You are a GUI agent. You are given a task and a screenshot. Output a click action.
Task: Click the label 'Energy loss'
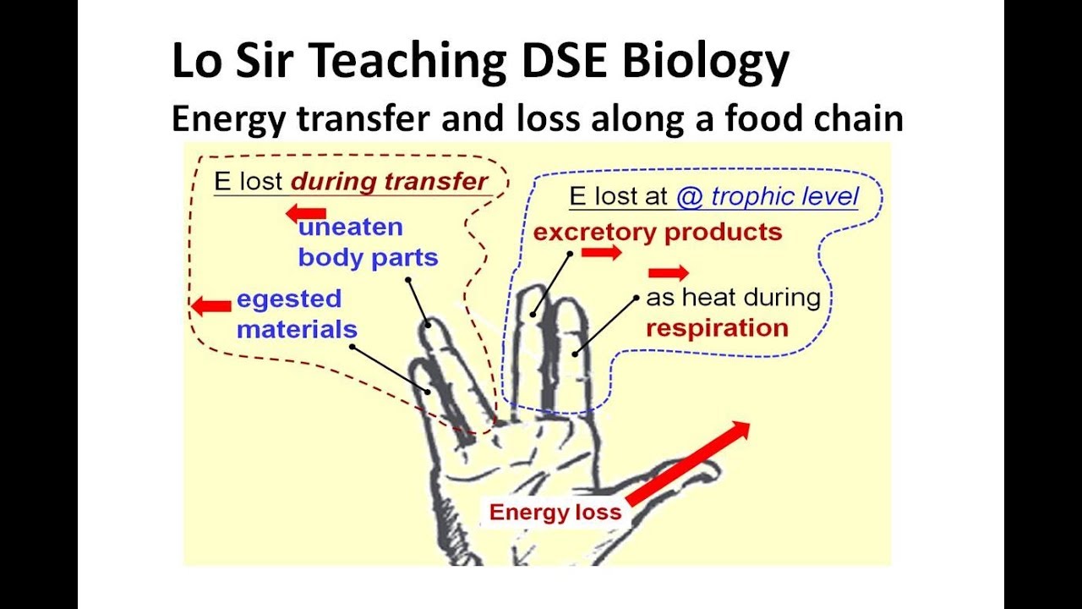555,512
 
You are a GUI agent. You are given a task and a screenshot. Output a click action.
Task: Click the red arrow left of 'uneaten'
305,212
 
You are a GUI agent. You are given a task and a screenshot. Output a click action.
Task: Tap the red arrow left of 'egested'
210,305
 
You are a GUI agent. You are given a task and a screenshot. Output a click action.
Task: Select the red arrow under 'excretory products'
601,252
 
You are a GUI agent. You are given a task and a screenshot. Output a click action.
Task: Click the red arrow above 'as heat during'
668,272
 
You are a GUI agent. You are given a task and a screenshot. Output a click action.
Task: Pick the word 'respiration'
717,328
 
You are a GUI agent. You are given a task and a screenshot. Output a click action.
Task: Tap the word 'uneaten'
350,228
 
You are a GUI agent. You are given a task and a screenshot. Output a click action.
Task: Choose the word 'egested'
289,299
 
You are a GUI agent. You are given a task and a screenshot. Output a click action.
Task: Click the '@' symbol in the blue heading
690,197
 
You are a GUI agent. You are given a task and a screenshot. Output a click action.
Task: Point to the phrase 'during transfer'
390,181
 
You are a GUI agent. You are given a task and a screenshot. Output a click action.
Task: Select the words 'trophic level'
784,197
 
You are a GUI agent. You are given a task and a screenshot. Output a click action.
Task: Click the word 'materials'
297,329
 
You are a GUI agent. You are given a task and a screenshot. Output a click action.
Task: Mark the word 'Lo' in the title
195,63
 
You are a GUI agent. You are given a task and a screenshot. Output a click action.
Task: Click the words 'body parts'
368,258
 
